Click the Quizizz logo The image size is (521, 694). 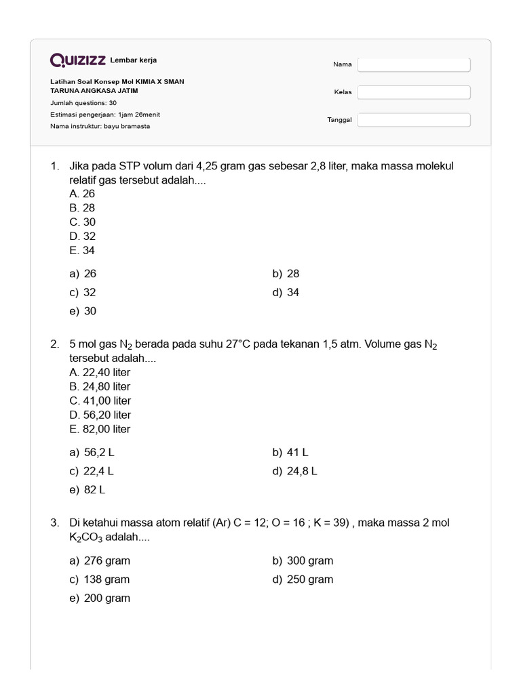pos(77,60)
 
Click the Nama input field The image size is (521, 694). pos(414,64)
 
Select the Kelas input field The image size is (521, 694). pos(414,92)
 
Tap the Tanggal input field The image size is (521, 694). pos(414,120)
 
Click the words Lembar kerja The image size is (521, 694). pos(133,60)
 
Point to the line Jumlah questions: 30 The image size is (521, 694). pos(83,103)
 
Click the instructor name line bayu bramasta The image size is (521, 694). pos(100,126)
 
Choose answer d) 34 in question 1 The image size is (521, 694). pos(286,293)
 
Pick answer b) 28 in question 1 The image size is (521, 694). pos(286,274)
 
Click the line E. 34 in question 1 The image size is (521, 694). pos(82,251)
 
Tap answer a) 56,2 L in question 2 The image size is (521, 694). pos(96,452)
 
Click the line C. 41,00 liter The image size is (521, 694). pos(100,401)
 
